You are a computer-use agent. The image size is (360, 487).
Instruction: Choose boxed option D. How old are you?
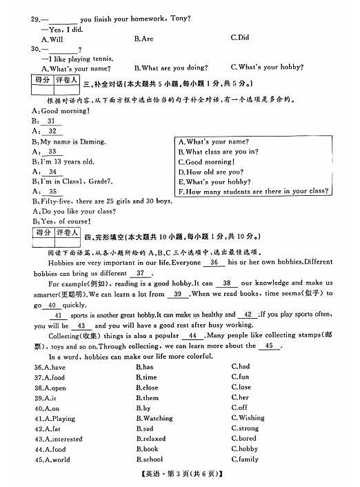coord(210,172)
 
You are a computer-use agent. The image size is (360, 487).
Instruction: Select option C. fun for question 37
coord(240,377)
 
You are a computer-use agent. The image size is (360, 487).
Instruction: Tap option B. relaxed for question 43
coord(150,439)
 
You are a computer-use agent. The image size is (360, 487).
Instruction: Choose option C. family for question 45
coord(244,459)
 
